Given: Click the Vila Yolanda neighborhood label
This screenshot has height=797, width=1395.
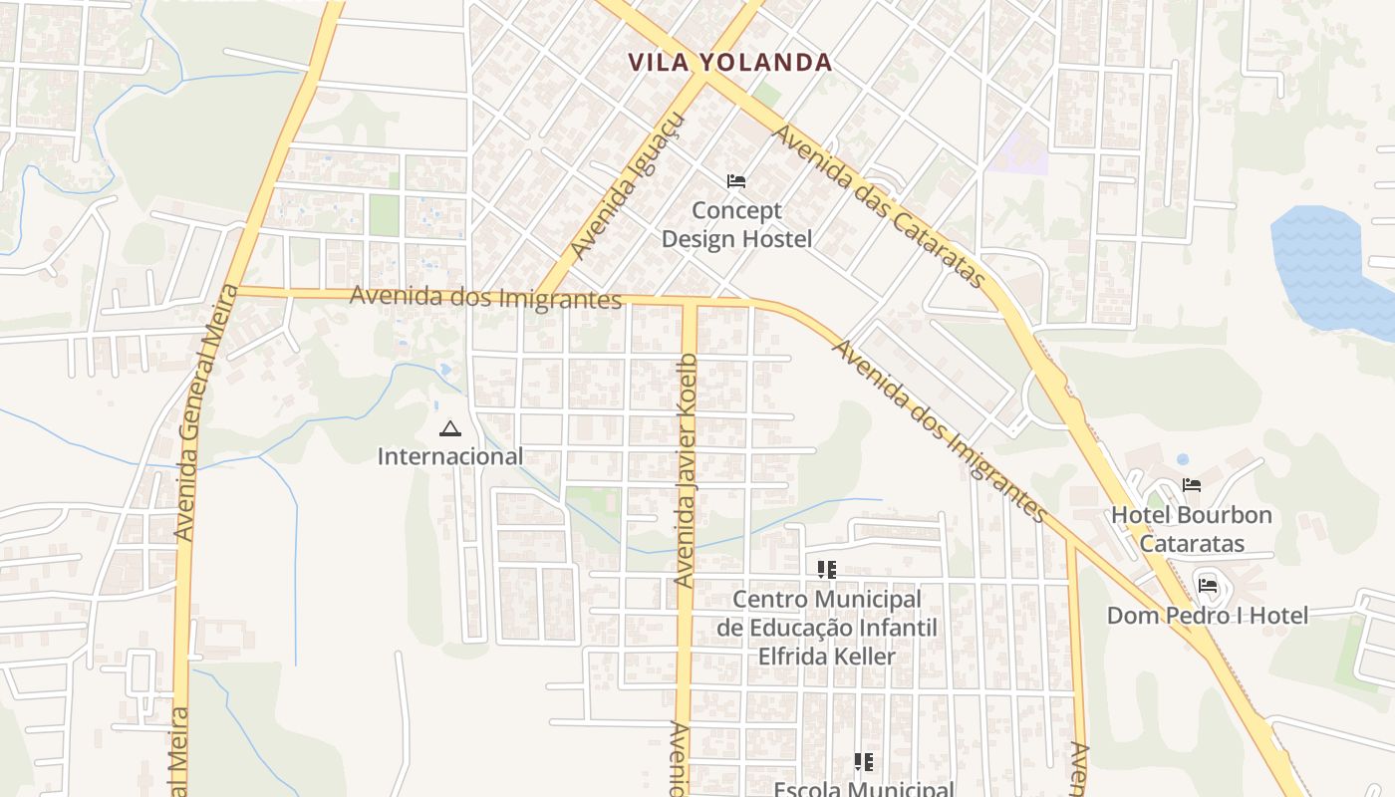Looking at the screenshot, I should pos(729,63).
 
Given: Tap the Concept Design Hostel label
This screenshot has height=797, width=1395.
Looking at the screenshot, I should pos(736,225).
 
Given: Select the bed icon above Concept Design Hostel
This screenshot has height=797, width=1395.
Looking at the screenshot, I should pos(736,181).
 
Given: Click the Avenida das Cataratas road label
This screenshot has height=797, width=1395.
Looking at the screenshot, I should pos(881,207).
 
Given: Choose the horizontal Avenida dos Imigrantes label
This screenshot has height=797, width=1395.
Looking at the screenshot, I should pos(485,297).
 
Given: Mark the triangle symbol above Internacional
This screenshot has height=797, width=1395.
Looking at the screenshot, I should pos(449,429).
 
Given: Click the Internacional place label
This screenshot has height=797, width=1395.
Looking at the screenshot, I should pos(449,456).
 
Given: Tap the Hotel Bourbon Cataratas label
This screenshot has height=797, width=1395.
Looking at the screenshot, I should pos(1192,529).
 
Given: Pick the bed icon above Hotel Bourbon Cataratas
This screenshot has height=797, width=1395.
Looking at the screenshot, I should pos(1191,485).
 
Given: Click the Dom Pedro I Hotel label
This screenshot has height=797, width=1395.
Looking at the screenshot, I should pos(1208,616).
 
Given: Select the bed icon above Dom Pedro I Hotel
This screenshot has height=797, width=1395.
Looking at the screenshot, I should pos(1208,585).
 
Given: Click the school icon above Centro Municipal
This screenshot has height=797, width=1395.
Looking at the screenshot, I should pos(826,570).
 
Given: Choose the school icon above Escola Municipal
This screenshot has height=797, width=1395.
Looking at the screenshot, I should pos(864,762).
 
